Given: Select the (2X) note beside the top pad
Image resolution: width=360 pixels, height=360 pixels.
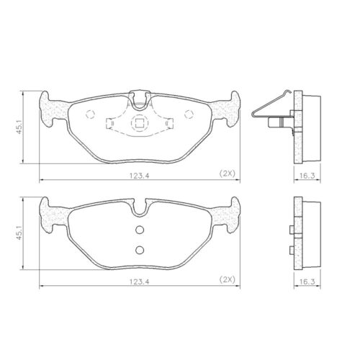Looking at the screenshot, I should (226, 174).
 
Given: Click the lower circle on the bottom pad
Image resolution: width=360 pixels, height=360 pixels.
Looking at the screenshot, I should (138, 250).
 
